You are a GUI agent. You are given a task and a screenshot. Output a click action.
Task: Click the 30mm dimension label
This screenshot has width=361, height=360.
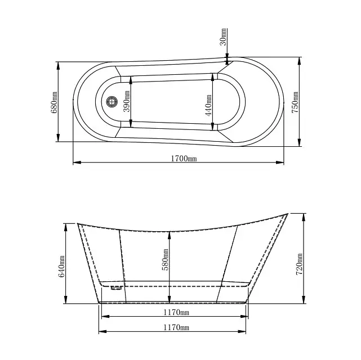pos(223,37)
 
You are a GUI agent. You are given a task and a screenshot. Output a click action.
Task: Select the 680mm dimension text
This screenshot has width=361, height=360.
pos(54,102)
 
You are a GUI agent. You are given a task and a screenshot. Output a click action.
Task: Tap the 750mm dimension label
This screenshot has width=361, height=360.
pos(295,102)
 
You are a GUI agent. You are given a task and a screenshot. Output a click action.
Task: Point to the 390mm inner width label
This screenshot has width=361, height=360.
pos(127,101)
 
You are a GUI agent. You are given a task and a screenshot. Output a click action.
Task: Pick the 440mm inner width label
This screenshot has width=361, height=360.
pos(208,105)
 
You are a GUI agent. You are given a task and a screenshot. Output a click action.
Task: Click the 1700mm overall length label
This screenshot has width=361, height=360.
pos(184,159)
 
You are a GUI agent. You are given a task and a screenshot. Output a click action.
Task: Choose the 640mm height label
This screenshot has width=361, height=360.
pos(62,267)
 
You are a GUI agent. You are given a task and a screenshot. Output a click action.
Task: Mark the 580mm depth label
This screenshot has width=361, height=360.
pos(166,259)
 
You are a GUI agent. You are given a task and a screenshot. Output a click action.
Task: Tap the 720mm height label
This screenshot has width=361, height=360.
pos(299,264)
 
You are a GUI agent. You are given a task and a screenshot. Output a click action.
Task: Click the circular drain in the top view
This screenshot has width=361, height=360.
pos(112,101)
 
